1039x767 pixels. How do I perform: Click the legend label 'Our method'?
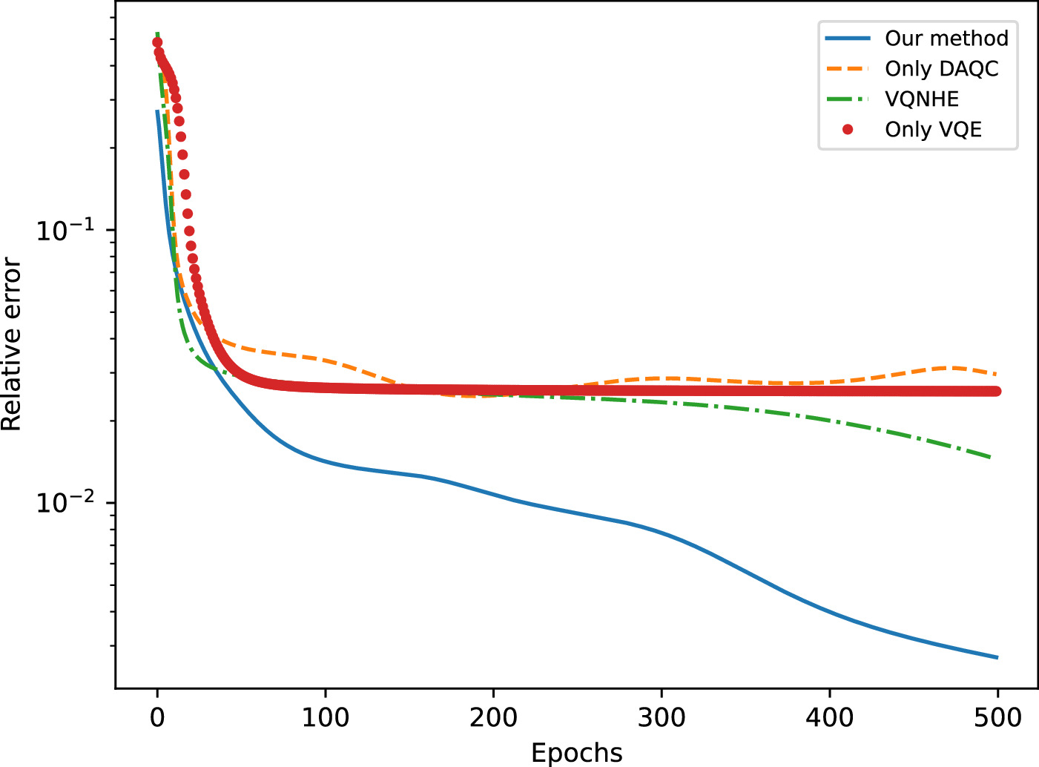point(946,38)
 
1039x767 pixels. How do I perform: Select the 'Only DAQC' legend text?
point(941,68)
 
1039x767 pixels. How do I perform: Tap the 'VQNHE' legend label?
point(922,99)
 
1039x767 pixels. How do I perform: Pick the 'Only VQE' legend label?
point(933,129)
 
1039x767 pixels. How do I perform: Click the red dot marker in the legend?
point(848,129)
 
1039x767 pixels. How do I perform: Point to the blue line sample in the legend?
point(848,38)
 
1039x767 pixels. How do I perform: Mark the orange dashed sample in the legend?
point(848,68)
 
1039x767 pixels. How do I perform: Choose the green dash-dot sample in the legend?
point(848,99)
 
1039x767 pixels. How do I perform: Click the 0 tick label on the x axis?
point(157,717)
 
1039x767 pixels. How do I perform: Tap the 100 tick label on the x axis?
point(325,717)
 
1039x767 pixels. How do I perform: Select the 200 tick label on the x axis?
point(493,717)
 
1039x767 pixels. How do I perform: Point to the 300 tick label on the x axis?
point(662,717)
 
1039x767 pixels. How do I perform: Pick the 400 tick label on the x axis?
point(829,717)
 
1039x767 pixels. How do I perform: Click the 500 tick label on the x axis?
point(997,717)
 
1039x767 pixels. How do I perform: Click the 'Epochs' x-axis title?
point(577,752)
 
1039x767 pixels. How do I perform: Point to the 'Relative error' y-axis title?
point(12,344)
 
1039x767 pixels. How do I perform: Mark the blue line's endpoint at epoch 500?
point(997,657)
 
